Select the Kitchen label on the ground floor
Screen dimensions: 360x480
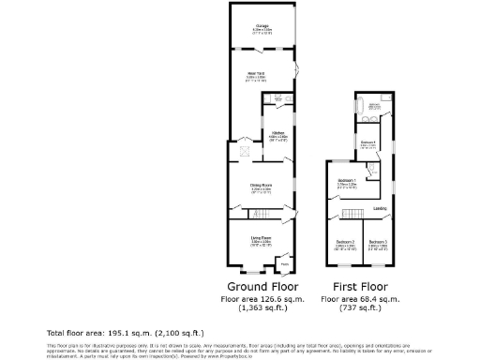click(277, 133)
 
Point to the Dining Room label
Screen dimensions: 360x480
click(261, 185)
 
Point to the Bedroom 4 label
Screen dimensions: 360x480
click(368, 142)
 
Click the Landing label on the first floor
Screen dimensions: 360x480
click(380, 208)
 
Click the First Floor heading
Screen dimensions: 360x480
click(361, 286)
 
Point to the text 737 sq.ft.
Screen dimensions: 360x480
click(361, 307)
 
